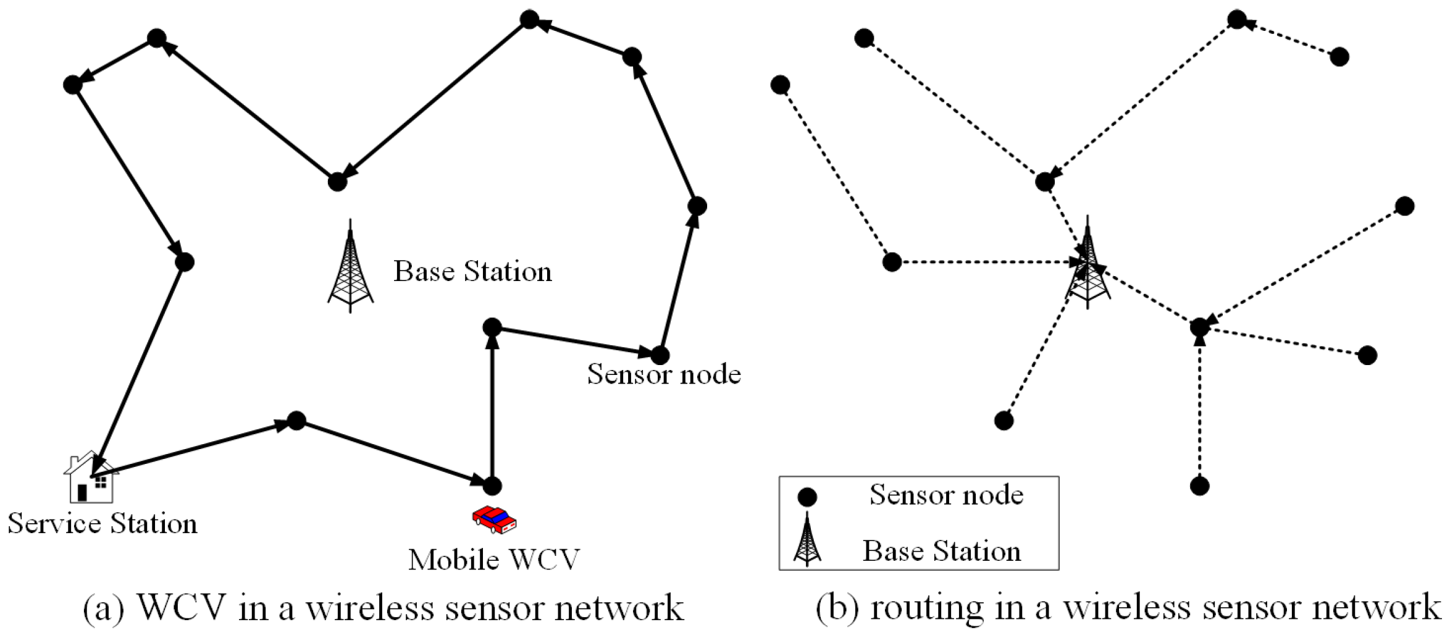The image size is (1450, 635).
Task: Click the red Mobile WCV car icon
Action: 494,519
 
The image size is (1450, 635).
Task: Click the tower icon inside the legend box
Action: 807,540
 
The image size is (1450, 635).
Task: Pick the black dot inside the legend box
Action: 807,497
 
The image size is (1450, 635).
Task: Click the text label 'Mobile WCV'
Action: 493,560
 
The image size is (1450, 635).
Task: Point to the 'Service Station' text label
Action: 103,523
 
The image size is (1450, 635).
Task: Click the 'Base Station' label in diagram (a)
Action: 472,271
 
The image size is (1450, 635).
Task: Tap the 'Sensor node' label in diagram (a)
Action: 664,374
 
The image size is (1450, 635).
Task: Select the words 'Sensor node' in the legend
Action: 946,494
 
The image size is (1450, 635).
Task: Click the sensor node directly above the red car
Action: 492,486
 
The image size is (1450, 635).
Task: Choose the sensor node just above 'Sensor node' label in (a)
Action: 660,355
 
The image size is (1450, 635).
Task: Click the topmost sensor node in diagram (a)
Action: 529,20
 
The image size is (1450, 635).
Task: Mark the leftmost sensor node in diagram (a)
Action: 73,85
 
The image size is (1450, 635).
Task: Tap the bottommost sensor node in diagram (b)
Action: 1199,486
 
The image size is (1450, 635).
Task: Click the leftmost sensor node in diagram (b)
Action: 781,85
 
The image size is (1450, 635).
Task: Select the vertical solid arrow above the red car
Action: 492,408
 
